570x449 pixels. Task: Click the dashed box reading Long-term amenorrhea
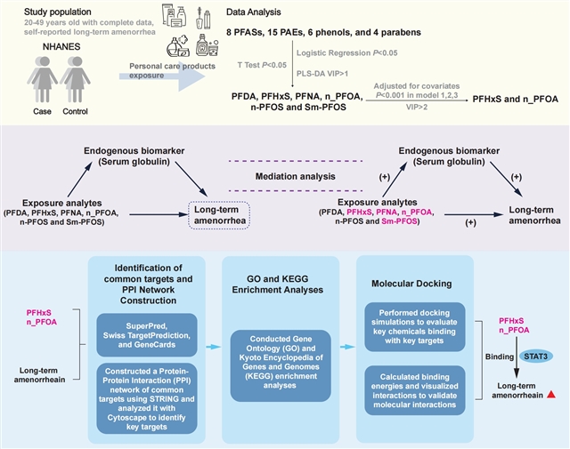tap(219, 216)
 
